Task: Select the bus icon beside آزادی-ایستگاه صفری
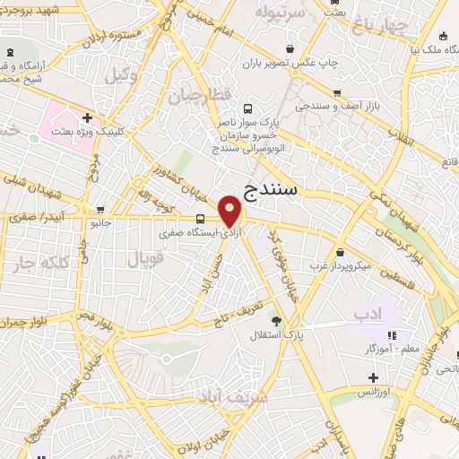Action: (199, 220)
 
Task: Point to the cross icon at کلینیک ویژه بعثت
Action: (87, 117)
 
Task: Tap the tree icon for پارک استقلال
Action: (276, 320)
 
